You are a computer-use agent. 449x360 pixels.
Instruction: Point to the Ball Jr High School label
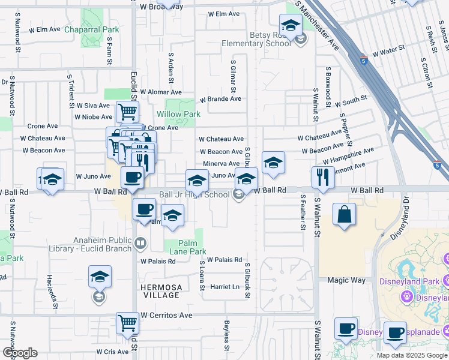click(x=194, y=194)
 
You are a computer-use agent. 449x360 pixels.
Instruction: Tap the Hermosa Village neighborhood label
click(x=160, y=291)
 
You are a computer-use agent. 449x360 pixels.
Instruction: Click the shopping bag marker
click(x=344, y=214)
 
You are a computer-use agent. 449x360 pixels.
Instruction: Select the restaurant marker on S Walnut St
click(x=323, y=177)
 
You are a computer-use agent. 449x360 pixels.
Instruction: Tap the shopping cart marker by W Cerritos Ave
click(x=127, y=322)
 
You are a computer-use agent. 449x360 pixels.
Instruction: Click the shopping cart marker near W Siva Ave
click(x=127, y=111)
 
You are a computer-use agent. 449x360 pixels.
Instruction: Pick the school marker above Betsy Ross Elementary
click(x=291, y=26)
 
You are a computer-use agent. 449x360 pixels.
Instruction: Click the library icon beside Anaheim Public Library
click(x=140, y=243)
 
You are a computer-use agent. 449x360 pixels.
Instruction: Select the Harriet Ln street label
click(x=225, y=287)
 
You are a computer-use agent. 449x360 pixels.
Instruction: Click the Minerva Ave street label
click(x=221, y=163)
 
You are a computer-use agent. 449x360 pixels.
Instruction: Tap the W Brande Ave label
click(x=220, y=99)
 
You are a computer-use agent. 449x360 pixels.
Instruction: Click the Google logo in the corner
click(x=19, y=353)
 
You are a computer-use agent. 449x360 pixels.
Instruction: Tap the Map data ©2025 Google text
click(x=412, y=355)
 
